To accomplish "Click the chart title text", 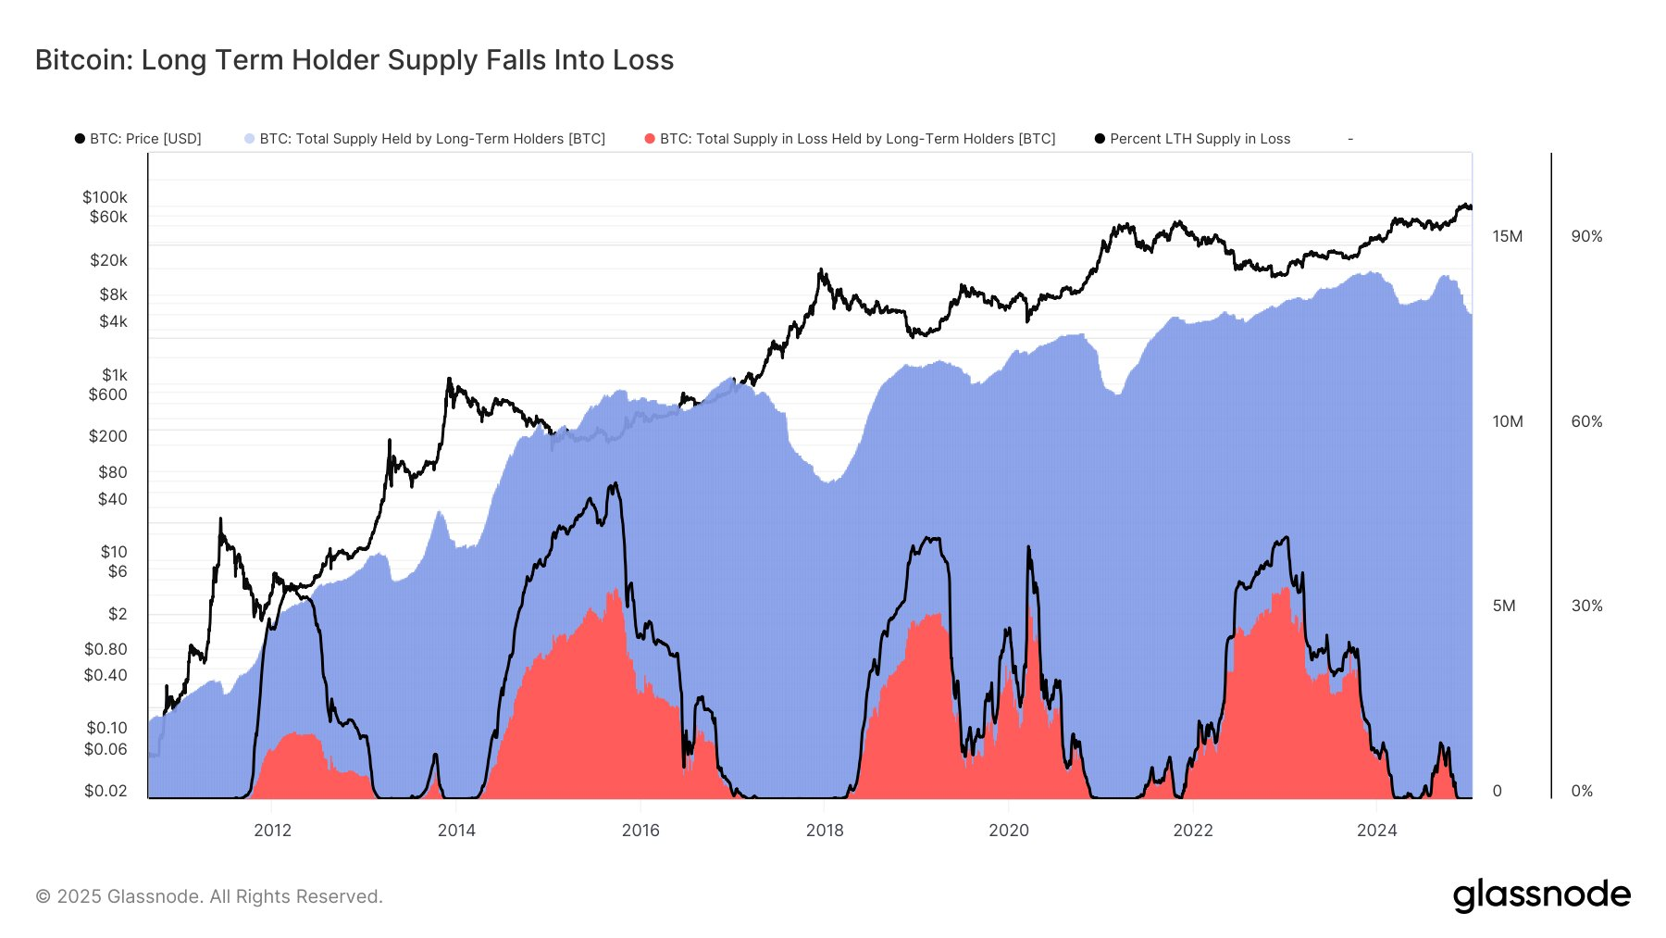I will click(354, 60).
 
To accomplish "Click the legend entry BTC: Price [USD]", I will click(145, 139).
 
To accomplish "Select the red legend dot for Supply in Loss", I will click(650, 139).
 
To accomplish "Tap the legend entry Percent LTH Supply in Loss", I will click(1200, 139).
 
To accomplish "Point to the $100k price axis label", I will click(105, 197).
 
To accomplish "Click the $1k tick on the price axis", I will click(115, 375).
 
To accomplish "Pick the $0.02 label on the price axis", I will click(106, 791).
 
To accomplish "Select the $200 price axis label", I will click(107, 436).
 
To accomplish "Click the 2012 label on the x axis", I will click(272, 831).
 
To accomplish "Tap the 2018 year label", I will click(825, 831).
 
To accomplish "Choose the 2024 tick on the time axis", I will click(1376, 831).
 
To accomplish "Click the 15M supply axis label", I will click(1507, 236).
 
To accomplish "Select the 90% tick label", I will click(1586, 236).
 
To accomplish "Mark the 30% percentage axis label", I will click(1586, 606).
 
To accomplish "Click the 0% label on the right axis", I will click(1583, 791).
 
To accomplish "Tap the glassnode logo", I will click(1541, 895).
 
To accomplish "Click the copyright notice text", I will click(209, 896).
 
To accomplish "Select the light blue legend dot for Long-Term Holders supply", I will click(249, 139).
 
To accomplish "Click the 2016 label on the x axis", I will click(640, 831).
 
